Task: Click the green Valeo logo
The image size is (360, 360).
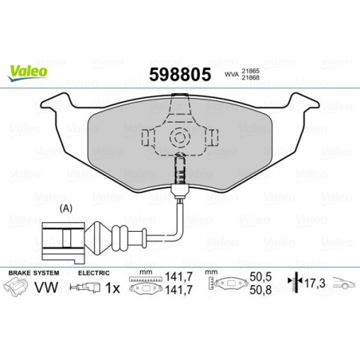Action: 27,71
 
